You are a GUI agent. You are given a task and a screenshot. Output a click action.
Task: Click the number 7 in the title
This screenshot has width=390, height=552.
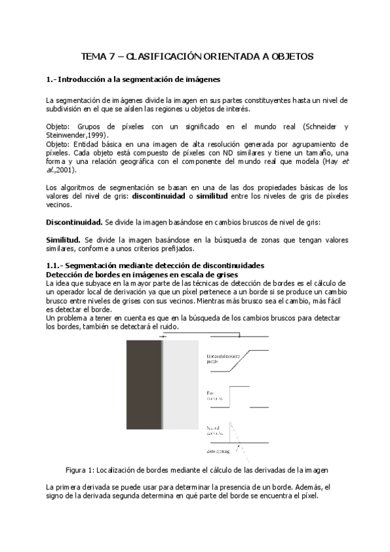click(x=112, y=57)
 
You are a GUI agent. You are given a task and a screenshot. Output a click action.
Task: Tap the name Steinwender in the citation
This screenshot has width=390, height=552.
click(x=68, y=134)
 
